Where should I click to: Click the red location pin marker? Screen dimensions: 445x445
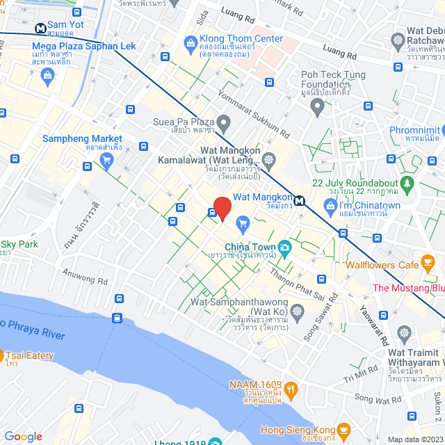tap(222, 206)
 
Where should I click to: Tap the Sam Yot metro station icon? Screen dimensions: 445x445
tap(41, 29)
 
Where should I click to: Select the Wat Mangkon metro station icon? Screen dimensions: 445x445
tap(299, 202)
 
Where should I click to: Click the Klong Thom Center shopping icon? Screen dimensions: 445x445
tap(191, 44)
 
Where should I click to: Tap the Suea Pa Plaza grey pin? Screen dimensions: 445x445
tap(223, 124)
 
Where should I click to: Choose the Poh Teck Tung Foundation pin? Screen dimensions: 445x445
tap(318, 108)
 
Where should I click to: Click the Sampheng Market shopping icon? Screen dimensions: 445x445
tap(106, 161)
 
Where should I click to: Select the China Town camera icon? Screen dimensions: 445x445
tap(284, 247)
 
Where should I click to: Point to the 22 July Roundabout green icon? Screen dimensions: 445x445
tap(407, 184)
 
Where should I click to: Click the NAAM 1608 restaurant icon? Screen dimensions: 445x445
tap(291, 390)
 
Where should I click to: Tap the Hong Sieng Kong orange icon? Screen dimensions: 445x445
tap(341, 431)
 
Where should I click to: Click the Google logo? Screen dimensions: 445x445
tap(23, 437)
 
